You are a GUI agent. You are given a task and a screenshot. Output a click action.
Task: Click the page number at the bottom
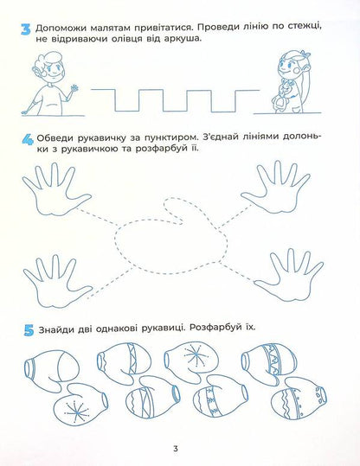click(x=175, y=448)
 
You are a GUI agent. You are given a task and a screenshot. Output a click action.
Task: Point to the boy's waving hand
click(x=74, y=89)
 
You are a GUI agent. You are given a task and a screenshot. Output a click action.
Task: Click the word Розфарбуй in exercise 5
click(x=213, y=328)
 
